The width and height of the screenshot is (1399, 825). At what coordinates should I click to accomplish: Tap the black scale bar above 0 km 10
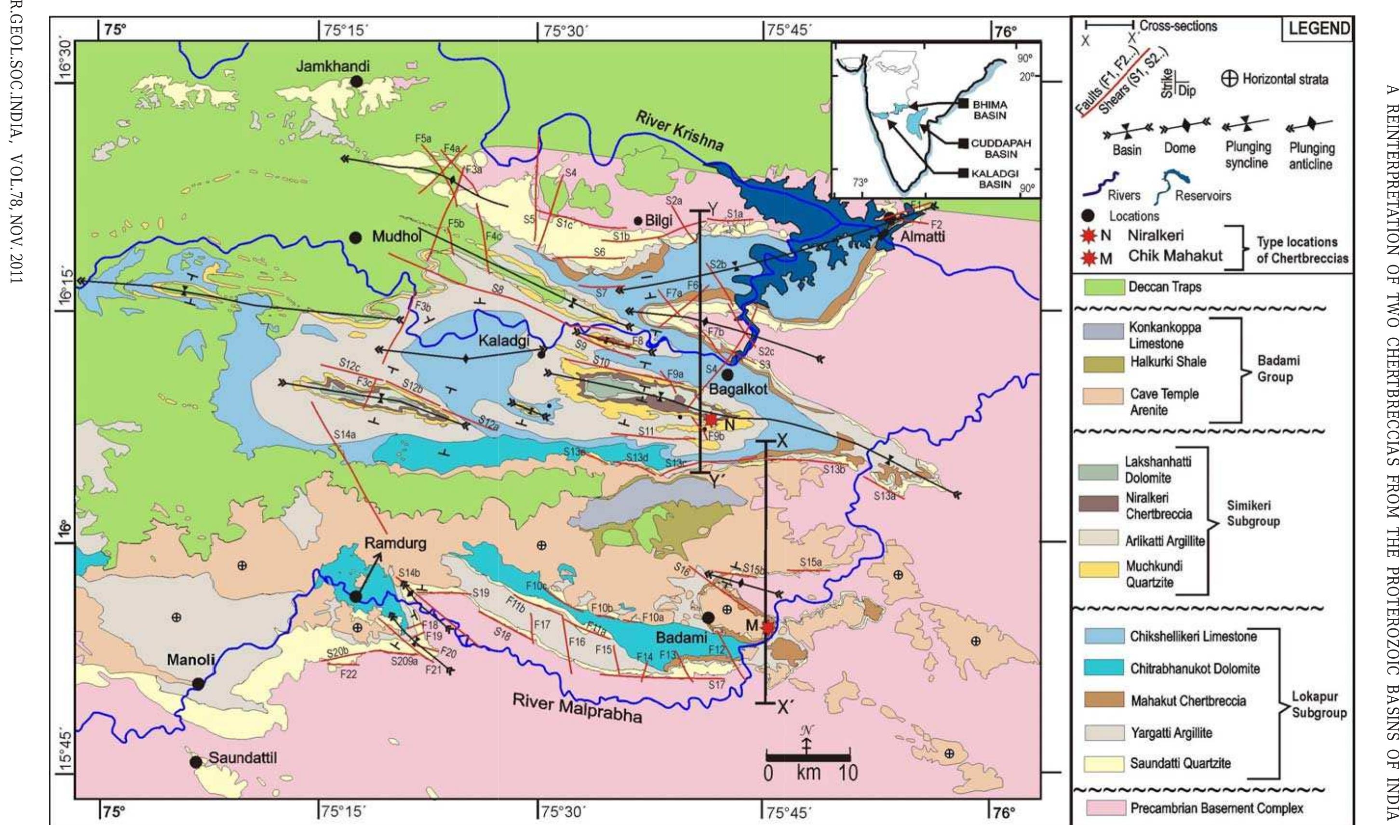pos(808,758)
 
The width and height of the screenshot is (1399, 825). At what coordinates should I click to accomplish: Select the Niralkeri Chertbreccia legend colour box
pos(1098,504)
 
